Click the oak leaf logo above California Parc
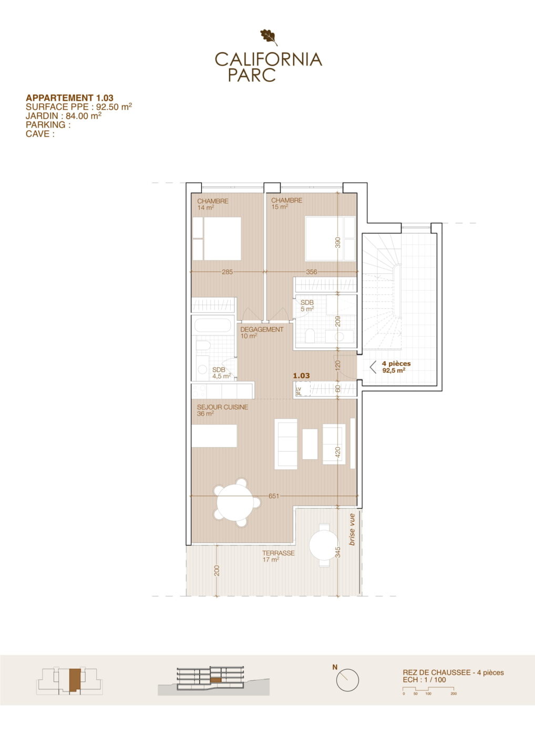point(269,37)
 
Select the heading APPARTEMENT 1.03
point(69,98)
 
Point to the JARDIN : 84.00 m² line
point(64,115)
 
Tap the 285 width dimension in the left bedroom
point(228,272)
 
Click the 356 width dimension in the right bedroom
point(312,272)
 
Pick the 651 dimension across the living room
point(274,496)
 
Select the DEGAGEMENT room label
point(262,329)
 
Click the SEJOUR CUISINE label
point(223,407)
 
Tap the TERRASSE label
point(279,553)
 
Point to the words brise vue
point(352,530)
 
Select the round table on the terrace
point(324,545)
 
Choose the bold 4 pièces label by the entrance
point(396,364)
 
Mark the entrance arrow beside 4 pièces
point(373,367)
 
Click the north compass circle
point(347,680)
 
